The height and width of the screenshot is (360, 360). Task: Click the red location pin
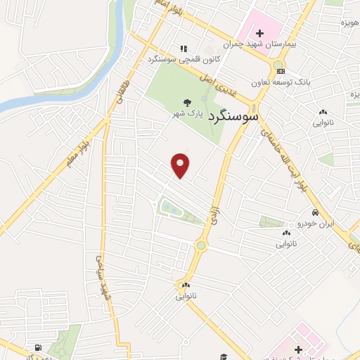coord(181,165)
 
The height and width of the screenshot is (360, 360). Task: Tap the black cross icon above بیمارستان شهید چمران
coord(259,32)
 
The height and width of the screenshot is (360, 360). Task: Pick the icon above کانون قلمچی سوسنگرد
coord(184,49)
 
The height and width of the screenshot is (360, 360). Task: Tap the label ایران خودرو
coord(314,224)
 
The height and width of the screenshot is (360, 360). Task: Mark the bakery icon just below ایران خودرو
coord(286,233)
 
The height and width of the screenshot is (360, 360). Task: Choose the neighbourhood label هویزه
coord(349,23)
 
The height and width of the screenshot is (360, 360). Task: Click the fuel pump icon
coord(37,348)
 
